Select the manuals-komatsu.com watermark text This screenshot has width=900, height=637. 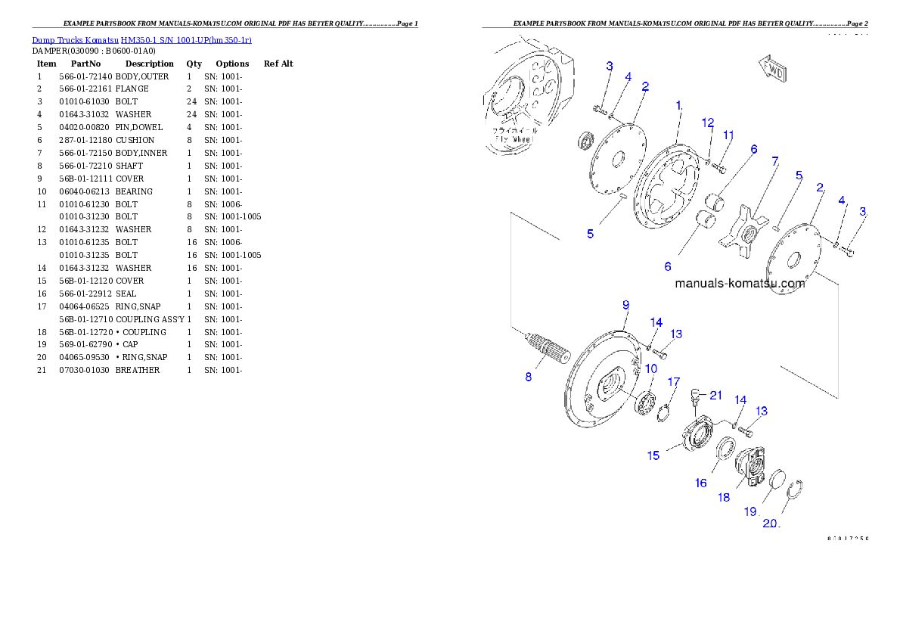(x=740, y=284)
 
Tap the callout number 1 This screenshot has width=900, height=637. (x=679, y=106)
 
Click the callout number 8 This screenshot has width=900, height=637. (x=528, y=376)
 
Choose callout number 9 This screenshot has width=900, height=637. (x=625, y=305)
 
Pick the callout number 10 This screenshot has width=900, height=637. (x=650, y=368)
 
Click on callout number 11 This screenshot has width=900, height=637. (x=728, y=135)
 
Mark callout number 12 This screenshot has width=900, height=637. (x=707, y=122)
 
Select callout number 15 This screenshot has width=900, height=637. (x=653, y=455)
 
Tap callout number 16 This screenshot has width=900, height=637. (x=701, y=483)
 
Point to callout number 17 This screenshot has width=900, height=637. (x=672, y=381)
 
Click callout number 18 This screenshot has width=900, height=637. (x=724, y=497)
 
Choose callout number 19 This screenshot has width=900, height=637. (x=749, y=511)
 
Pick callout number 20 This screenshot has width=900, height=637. (x=770, y=524)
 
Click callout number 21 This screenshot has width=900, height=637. (x=715, y=395)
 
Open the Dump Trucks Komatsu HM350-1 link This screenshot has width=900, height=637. (x=141, y=39)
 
